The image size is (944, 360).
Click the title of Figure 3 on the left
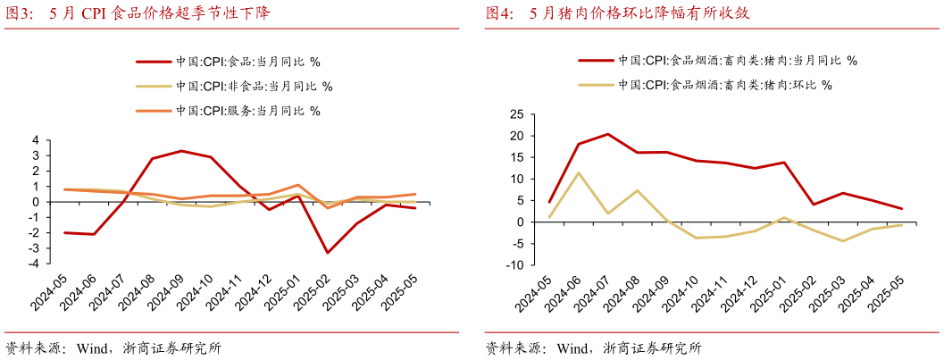point(138,13)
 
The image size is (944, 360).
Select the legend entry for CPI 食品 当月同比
point(229,62)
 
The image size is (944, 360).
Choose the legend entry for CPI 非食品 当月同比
point(234,87)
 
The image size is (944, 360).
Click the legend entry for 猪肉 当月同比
point(718,61)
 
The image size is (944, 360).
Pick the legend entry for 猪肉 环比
point(706,85)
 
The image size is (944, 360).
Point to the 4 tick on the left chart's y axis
point(35,140)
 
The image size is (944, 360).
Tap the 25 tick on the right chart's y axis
point(515,114)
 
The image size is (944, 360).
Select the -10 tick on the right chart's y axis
point(513,264)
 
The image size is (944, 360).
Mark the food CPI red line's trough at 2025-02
point(327,253)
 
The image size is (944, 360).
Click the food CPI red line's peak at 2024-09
point(181,151)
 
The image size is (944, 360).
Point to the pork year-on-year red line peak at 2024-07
point(608,134)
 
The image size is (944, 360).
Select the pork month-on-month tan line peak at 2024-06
point(579,172)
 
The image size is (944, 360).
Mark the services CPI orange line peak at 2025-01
point(297,185)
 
